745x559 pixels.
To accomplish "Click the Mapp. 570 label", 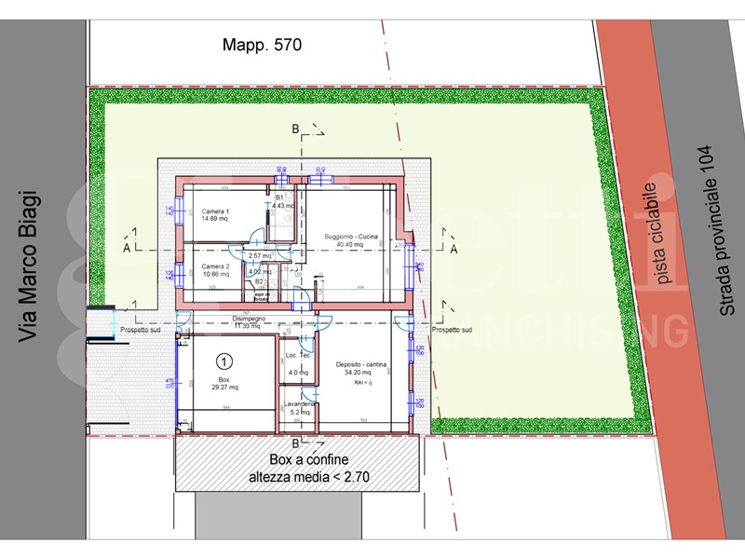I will point(263,44).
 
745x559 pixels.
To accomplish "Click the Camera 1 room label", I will point(216,211).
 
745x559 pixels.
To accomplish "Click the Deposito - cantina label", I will point(361,364).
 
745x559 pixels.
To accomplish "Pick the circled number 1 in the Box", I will point(223,360).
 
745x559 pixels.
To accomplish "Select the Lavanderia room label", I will point(299,404).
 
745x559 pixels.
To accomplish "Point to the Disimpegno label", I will point(248,319).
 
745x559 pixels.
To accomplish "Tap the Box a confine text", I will point(296,460).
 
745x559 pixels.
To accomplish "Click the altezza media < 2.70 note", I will point(296,478).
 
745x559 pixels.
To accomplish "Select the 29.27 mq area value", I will point(223,388).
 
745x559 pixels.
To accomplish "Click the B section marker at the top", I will point(295,130).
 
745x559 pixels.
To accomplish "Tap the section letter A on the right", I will point(454,250).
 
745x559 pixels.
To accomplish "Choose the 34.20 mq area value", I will point(361,373).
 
